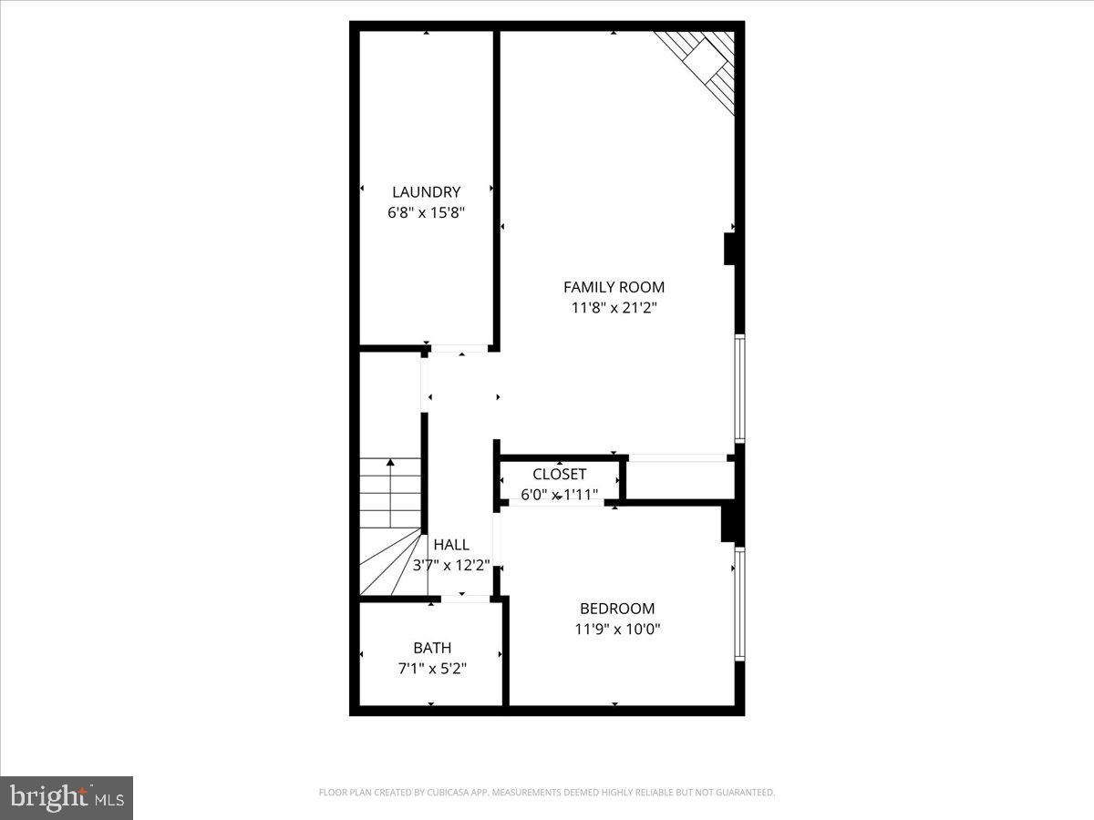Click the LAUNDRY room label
[x=426, y=192]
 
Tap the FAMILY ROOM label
[x=614, y=287]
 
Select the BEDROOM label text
[x=617, y=609]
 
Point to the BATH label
[x=432, y=649]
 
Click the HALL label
[x=451, y=545]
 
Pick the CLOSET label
[x=559, y=475]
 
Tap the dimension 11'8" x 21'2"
[x=614, y=308]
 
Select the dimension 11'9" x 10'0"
[x=617, y=629]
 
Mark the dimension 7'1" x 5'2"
[x=432, y=668]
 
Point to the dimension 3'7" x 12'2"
[x=451, y=565]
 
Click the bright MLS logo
[x=67, y=797]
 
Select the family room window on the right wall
[x=739, y=388]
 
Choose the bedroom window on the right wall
[x=739, y=603]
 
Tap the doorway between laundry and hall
[x=460, y=348]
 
